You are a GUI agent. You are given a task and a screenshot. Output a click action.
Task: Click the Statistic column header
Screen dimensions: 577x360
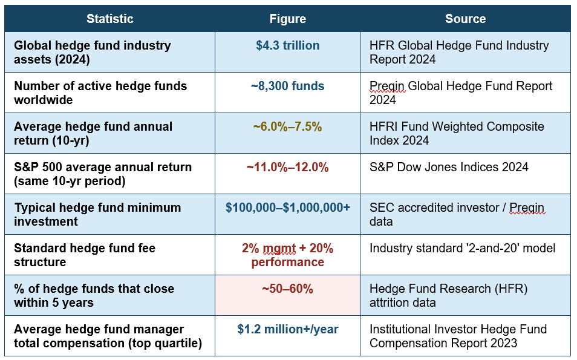(x=109, y=19)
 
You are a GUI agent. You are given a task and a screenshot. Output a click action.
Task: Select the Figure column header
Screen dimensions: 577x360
(x=287, y=19)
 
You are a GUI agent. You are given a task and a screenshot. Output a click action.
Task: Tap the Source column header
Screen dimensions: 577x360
(x=465, y=19)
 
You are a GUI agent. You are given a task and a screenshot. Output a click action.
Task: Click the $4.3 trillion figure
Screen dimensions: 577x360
(x=287, y=45)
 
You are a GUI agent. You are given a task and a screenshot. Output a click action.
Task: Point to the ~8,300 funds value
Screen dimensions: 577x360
(x=287, y=86)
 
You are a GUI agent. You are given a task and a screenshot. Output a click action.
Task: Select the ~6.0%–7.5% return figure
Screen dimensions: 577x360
(x=287, y=126)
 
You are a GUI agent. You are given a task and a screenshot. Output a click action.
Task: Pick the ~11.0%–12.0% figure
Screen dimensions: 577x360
(x=287, y=167)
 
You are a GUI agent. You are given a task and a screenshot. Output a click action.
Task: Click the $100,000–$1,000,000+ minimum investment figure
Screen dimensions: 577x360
(x=287, y=208)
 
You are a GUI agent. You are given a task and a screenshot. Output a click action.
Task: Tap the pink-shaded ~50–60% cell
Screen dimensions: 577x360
(x=287, y=295)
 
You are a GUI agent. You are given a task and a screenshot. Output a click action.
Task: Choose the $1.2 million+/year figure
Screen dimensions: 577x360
(x=287, y=329)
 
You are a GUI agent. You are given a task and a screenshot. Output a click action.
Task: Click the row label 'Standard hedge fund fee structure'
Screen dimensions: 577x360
(x=85, y=255)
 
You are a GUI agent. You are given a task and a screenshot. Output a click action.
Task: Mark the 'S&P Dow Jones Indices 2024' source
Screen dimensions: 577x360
(x=449, y=167)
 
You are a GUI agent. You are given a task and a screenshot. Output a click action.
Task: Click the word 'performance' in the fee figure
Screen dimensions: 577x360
(x=287, y=263)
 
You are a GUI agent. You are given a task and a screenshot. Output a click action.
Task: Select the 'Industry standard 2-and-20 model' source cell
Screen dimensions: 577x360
(x=462, y=248)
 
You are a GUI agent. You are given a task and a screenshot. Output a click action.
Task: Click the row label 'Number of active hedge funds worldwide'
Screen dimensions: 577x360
(x=100, y=93)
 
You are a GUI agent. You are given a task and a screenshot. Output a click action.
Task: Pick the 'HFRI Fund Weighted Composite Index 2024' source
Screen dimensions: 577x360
(x=457, y=133)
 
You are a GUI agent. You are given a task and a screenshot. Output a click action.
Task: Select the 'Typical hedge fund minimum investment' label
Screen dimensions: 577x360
(x=97, y=214)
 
